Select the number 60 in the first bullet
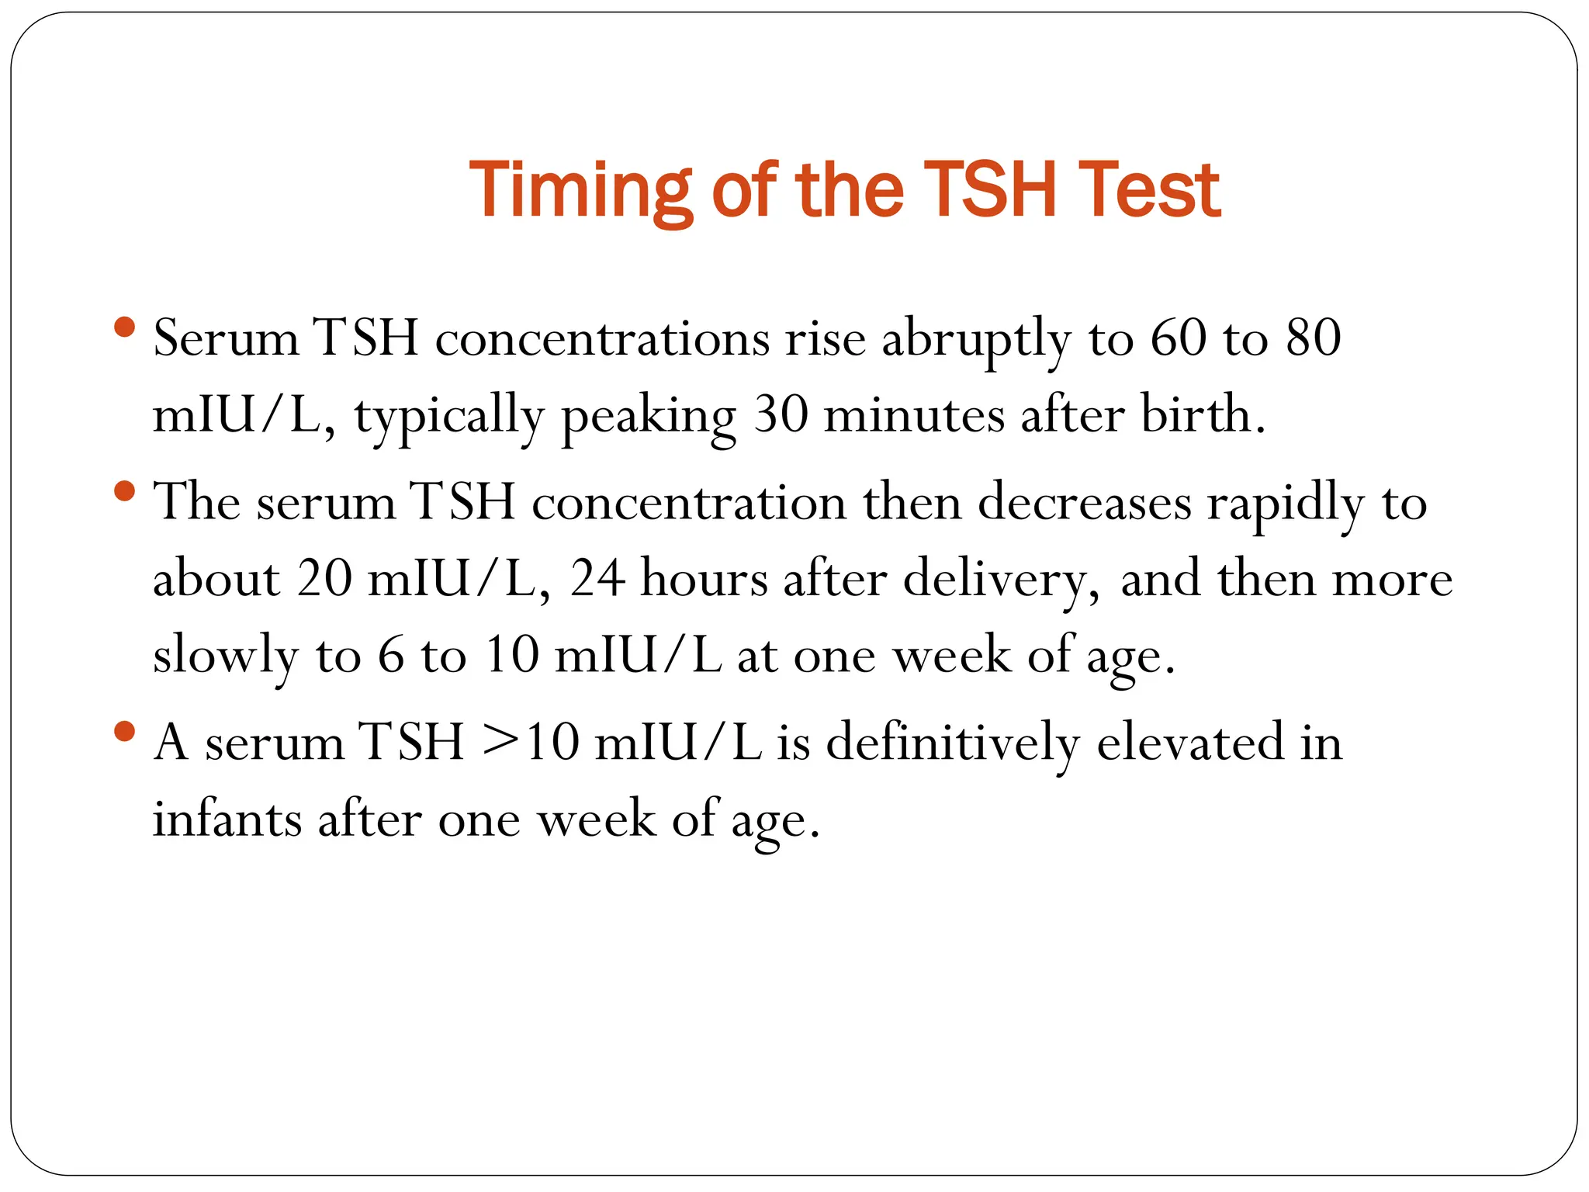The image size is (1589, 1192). (1179, 338)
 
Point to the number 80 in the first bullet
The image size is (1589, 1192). (1314, 338)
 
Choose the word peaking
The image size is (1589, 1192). (648, 416)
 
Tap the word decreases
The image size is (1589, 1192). (1084, 503)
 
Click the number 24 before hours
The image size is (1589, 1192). (597, 579)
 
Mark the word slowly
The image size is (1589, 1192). (225, 657)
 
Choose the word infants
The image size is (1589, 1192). (227, 819)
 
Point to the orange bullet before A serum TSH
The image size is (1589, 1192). (124, 730)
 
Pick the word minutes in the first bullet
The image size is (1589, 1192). (913, 414)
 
